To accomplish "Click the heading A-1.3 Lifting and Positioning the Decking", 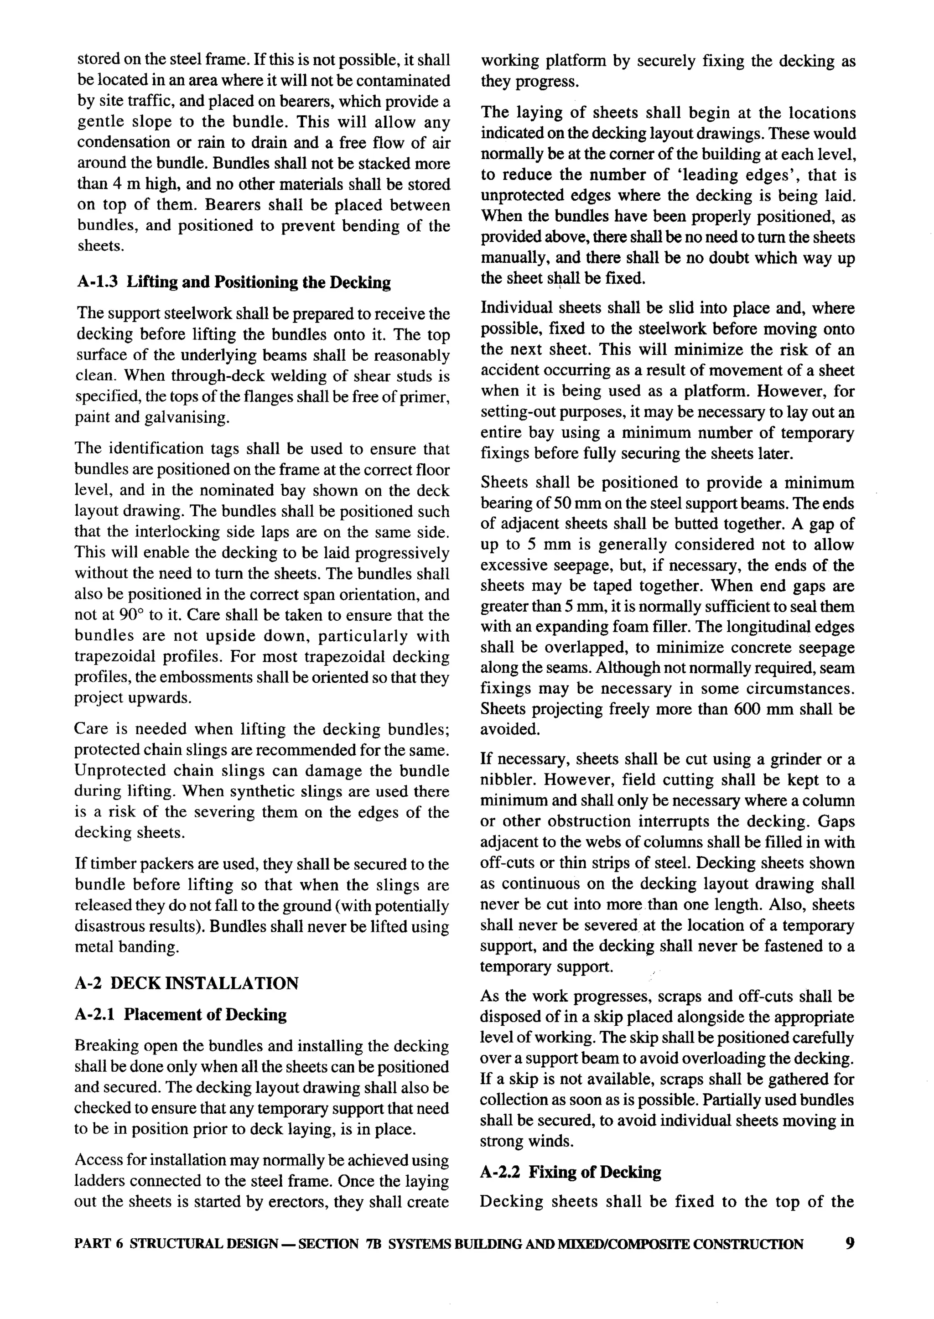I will (x=233, y=282).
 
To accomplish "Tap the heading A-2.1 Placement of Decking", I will (x=181, y=1014).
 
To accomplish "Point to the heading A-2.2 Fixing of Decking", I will (x=571, y=1172).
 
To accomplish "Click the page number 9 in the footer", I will (x=850, y=1244).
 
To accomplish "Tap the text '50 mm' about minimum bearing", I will (x=569, y=504).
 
